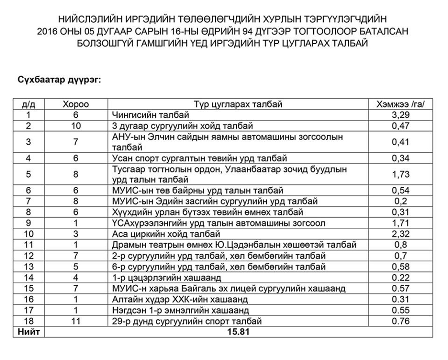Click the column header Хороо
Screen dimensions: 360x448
[x=76, y=105]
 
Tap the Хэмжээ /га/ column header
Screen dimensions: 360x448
[x=401, y=105]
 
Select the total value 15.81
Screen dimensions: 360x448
[x=239, y=332]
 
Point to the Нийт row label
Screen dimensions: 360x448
[x=29, y=332]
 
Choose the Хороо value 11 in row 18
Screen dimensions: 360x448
[x=76, y=322]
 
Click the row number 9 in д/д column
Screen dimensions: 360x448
[x=29, y=223]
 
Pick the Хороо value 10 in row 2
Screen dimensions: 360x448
[x=76, y=126]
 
